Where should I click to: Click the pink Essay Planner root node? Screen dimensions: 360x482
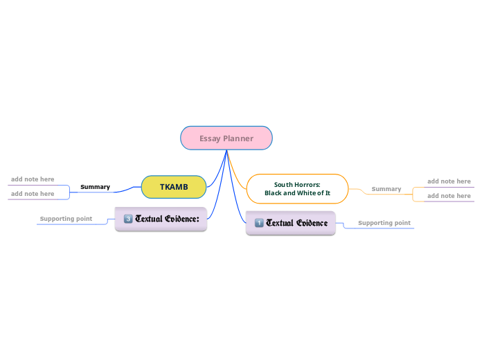coord(226,138)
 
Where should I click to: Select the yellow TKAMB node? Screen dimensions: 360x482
coord(174,187)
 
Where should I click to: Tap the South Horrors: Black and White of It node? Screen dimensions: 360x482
coord(297,188)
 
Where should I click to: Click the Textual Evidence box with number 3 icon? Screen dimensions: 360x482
coord(161,219)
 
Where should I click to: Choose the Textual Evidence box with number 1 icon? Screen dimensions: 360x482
coord(291,223)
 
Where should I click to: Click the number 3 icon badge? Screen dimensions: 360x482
coord(128,219)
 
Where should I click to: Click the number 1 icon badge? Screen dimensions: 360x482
coord(259,223)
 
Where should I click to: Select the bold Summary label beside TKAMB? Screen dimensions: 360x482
coord(96,187)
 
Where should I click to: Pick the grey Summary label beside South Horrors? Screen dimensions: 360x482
coord(386,189)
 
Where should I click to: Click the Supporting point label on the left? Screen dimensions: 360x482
coord(66,219)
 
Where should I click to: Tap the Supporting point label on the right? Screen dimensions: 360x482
coord(384,223)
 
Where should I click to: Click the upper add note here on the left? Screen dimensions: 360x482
coord(33,179)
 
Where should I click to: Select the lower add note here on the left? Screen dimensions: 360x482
coord(33,194)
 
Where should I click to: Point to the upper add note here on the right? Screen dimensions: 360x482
coord(449,181)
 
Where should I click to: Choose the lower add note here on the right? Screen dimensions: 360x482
coord(449,196)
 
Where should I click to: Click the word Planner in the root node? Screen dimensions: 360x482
coord(238,138)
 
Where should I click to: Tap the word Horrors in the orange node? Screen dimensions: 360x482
coord(305,185)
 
